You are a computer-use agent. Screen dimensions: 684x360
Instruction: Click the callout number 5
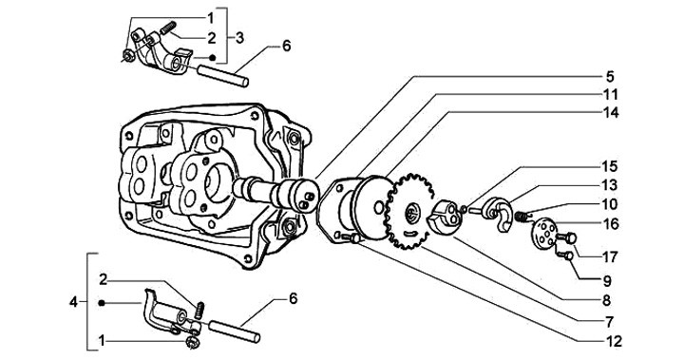pos(609,76)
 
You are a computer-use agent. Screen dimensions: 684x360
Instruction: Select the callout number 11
pos(611,94)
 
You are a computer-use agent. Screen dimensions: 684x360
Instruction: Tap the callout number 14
pos(611,113)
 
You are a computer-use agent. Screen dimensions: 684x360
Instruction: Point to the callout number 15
pos(610,166)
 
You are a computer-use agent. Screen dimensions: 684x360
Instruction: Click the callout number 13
pos(610,185)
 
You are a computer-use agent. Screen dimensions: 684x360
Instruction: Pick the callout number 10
pos(610,204)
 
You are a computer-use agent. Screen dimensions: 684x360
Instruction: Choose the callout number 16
pos(611,224)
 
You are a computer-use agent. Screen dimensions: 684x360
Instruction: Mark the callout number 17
pos(610,257)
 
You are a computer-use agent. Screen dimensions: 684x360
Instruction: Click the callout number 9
pos(606,280)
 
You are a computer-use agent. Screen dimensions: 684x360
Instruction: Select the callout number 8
pos(606,301)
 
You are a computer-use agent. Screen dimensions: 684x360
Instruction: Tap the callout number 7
pos(609,322)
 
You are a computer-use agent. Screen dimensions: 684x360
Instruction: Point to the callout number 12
pos(614,341)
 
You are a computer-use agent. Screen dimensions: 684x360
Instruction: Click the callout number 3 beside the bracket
pos(239,38)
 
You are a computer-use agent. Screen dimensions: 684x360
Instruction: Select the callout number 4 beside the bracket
pos(74,302)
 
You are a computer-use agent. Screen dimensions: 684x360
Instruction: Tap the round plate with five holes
pos(543,234)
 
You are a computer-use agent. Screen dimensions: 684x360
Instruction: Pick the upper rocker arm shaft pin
pos(223,76)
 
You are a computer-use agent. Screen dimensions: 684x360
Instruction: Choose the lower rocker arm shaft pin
pos(235,332)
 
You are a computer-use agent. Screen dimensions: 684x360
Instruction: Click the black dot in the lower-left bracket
pos(102,303)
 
